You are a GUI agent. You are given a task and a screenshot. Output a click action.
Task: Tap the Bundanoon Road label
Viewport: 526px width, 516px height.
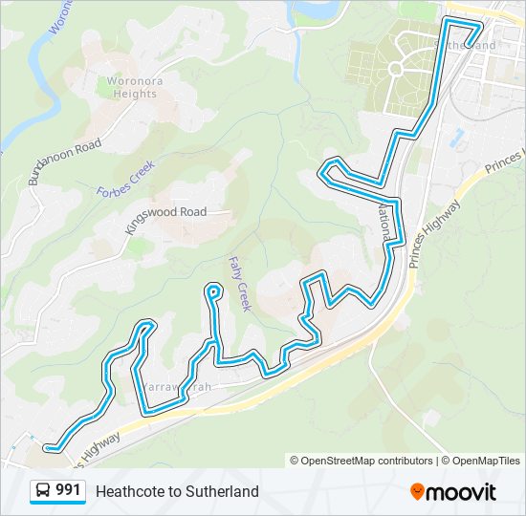point(64,161)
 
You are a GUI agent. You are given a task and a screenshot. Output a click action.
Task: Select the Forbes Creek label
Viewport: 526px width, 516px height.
point(124,178)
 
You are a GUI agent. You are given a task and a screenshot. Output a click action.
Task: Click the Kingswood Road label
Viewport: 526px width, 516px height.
point(165,212)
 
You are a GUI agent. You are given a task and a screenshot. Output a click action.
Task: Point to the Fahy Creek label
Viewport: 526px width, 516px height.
point(239,283)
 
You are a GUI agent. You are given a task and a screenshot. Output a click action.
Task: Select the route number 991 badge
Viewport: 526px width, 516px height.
point(68,490)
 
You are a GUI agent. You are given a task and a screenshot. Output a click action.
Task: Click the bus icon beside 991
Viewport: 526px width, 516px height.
point(44,490)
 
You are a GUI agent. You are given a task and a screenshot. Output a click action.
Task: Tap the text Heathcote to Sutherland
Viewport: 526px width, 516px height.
point(177,491)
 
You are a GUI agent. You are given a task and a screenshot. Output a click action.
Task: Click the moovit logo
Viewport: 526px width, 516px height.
point(453,491)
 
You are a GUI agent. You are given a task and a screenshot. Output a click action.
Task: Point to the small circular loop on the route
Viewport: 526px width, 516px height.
point(212,291)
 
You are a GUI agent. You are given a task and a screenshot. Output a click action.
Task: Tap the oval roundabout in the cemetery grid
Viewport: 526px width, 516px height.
point(395,68)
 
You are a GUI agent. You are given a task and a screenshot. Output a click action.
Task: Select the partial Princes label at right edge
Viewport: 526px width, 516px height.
point(505,161)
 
